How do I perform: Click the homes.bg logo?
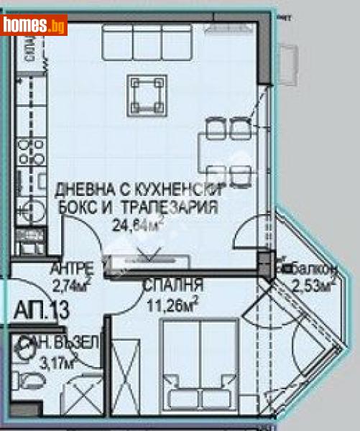coord(34,25)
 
